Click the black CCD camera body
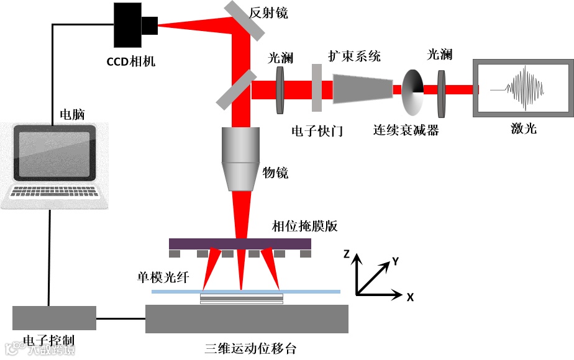128,25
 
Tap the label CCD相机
130,61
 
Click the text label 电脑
71,115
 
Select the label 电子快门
317,131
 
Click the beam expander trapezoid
363,88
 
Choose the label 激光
524,128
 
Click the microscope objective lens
240,159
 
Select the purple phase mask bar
240,244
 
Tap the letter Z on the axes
347,253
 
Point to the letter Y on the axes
394,261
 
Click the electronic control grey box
54,318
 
